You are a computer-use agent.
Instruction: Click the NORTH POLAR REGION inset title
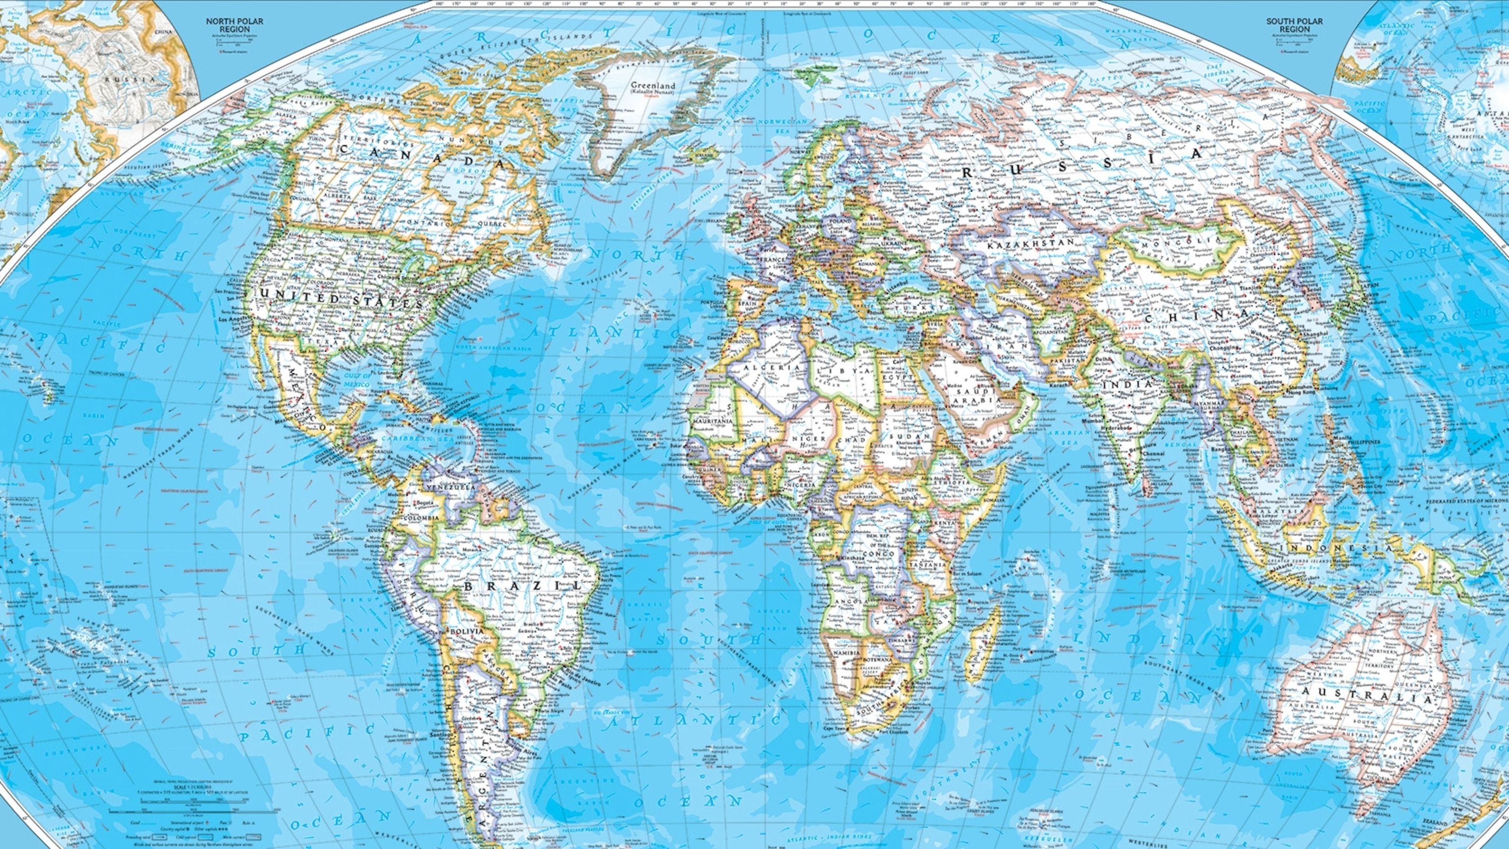pos(234,25)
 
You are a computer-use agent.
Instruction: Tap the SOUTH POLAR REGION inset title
pos(1298,25)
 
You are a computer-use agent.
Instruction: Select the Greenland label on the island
pos(652,85)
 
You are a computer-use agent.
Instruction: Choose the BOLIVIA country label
pos(466,632)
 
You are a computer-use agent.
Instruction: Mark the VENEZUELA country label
pos(450,487)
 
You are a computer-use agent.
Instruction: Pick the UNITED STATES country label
pos(341,301)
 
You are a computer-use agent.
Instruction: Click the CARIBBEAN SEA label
pos(404,438)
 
